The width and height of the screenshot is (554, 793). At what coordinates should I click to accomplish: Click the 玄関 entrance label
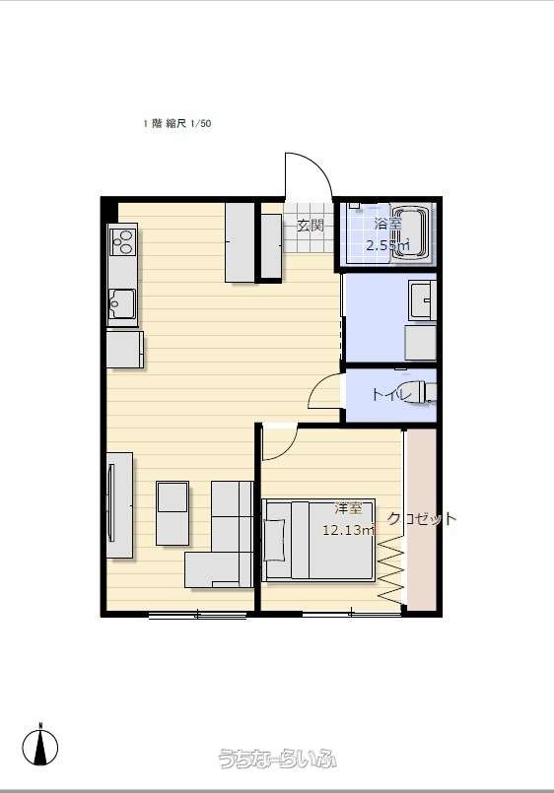[310, 225]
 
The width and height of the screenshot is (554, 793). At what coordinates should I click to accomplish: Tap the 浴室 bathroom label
[388, 224]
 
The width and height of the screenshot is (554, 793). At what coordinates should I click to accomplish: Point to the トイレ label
[390, 394]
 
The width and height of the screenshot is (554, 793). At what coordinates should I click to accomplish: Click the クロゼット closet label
[422, 518]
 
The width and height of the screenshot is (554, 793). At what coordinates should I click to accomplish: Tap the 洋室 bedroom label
[349, 508]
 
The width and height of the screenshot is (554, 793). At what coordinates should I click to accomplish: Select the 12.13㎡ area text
[349, 530]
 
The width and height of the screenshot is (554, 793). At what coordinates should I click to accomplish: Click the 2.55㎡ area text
[388, 246]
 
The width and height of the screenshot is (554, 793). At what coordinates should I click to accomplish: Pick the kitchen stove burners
[123, 241]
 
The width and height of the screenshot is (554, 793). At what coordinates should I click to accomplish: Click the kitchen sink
[122, 303]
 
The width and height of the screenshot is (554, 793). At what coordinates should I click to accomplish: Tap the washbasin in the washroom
[423, 299]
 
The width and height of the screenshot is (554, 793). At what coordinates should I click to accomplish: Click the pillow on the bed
[275, 539]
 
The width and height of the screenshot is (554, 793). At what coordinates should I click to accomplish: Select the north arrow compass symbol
[40, 745]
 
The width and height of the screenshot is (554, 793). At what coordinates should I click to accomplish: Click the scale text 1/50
[201, 123]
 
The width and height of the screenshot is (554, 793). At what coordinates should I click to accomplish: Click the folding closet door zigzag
[391, 569]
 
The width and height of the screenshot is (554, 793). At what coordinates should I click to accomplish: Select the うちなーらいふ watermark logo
[278, 759]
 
